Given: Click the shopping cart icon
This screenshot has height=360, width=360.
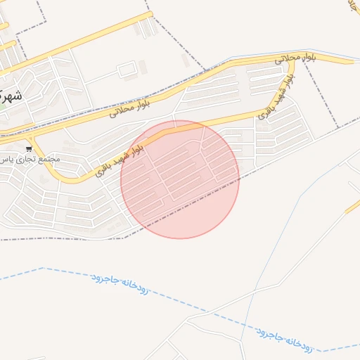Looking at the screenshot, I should point(29,148).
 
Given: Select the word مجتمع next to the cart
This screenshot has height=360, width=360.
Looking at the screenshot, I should point(50,159).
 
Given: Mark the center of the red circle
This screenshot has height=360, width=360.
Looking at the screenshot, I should point(180,180).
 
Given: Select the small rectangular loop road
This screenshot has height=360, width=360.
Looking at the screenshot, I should point(127,70).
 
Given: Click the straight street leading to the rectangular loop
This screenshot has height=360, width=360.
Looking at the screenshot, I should point(102,75).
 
